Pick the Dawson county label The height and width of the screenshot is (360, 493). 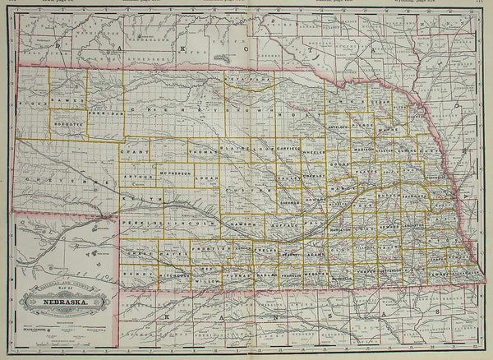[246, 223]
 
